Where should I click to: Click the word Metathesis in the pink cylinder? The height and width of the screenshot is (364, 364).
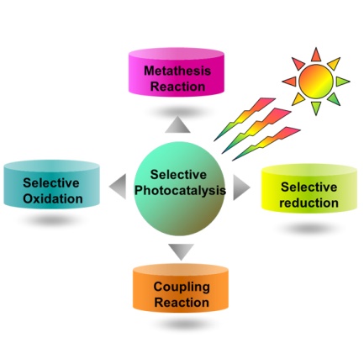point(177,71)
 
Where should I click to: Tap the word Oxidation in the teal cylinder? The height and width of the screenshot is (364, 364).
point(53,198)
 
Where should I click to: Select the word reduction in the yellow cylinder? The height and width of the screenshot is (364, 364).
point(309,203)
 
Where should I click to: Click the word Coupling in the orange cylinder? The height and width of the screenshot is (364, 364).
point(182,288)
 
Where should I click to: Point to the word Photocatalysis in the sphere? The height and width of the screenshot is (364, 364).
point(180,190)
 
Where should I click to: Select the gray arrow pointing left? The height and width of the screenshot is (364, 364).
point(118,187)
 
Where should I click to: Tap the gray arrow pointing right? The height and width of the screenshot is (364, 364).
point(241,187)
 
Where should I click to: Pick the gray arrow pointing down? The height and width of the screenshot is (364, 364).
point(181,251)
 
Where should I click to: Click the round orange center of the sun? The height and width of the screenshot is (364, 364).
point(316,82)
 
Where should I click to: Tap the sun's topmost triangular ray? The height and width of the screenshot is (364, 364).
point(316,55)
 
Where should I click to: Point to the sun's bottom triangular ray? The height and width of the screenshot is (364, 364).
point(316,108)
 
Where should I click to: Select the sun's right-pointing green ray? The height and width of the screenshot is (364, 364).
point(343,82)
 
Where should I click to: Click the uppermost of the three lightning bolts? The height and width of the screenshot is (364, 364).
point(245,119)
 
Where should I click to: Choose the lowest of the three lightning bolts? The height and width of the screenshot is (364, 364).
point(266,144)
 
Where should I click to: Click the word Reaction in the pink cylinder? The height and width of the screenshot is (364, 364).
point(177,87)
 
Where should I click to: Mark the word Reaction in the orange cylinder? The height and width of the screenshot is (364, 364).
point(182,303)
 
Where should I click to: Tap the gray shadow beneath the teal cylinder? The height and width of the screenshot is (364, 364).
point(50,221)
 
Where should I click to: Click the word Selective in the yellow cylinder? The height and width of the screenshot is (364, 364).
point(309,187)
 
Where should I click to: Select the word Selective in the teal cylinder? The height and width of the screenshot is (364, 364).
point(51,183)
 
